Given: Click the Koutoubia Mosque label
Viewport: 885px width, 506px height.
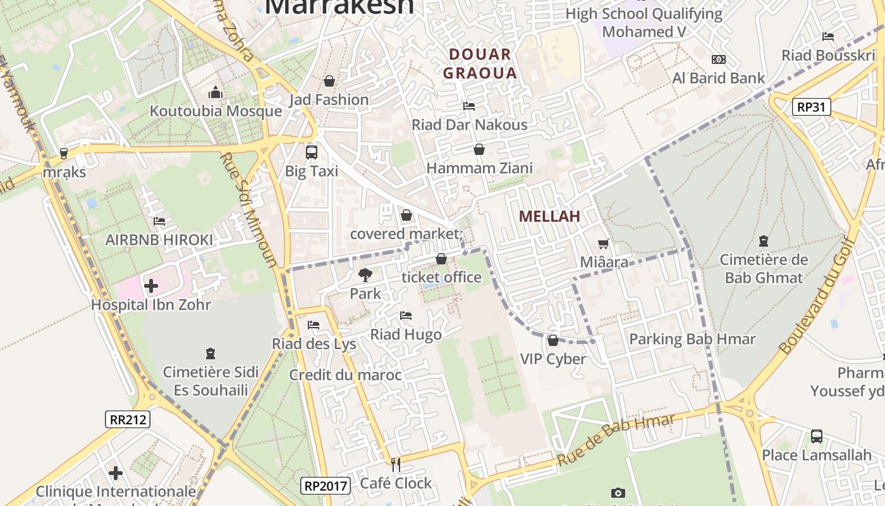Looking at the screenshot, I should pos(216,111).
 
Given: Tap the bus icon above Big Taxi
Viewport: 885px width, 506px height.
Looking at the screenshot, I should pos(311,152).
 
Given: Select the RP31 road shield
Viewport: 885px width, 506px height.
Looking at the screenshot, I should pos(811,107).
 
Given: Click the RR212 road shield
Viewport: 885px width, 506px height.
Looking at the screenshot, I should pos(128,419).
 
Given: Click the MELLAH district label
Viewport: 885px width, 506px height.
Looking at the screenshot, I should pos(549,216).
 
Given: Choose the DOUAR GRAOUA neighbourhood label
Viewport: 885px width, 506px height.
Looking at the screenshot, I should pos(480,64).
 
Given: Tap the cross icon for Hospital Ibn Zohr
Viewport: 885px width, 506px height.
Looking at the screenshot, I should pos(151,286).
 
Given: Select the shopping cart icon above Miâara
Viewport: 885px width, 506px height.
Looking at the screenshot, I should pos(604,244).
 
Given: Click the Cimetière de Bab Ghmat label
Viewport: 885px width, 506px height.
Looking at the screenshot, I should pos(764,269).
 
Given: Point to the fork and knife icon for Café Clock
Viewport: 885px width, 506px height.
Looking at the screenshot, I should pos(396,466).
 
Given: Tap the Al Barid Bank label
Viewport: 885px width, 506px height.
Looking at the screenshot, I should pos(719,78).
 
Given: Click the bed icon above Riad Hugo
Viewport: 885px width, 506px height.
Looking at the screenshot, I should pos(406,316).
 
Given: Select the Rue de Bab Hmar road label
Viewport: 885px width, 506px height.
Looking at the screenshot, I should pos(616,440).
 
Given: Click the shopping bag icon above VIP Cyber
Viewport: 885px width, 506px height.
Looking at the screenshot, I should pos(553,340).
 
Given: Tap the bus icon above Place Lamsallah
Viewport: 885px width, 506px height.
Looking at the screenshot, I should pos(816,436).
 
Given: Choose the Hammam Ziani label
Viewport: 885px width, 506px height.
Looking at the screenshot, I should pos(479,168).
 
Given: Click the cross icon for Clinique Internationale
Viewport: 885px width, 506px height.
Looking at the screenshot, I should pos(116,473).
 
